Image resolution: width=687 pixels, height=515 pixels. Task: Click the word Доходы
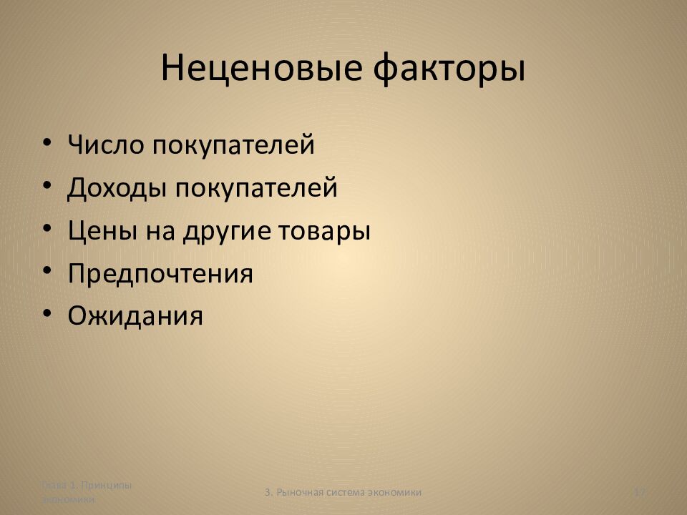pos(116,188)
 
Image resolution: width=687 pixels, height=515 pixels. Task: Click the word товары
pos(325,232)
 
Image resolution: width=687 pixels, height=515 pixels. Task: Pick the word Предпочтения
pos(160,274)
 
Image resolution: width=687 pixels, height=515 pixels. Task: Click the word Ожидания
pos(135,315)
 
